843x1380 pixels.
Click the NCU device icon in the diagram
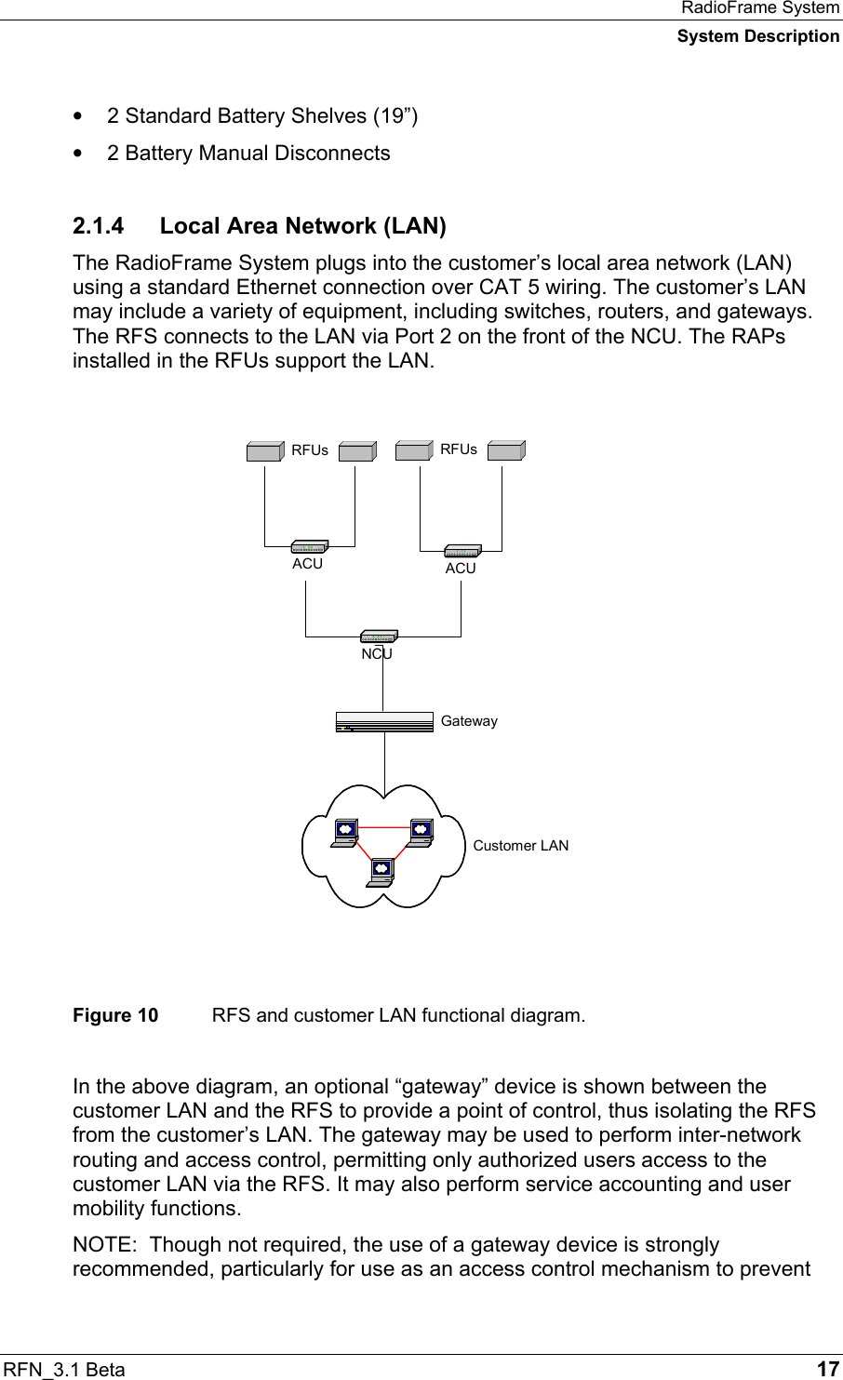pos(379,637)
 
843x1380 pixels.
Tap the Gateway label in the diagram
pos(469,721)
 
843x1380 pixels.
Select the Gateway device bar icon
pos(384,722)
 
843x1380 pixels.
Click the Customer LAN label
pos(520,846)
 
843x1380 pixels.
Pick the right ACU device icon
pos(462,551)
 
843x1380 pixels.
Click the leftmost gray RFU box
pos(265,451)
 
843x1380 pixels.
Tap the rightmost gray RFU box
pos(506,450)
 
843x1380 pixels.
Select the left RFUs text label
pos(310,450)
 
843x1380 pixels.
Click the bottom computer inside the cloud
pos(380,870)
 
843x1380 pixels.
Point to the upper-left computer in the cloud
pos(344,830)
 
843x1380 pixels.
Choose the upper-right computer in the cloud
pos(420,830)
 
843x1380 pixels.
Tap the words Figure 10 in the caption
pos(115,1014)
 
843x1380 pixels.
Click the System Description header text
pos(757,36)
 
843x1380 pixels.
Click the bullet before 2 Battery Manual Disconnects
pos(87,154)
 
